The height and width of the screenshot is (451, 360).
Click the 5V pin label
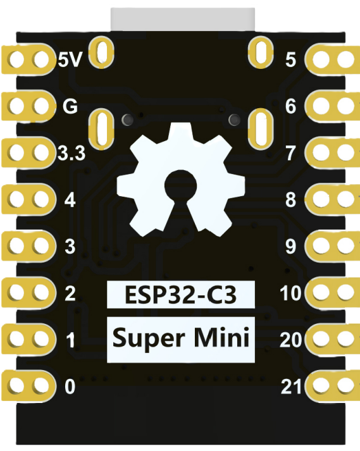70,60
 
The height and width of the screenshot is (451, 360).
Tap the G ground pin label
70,106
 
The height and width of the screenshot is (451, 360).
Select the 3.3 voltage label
71,154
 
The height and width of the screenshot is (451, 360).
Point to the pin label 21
291,386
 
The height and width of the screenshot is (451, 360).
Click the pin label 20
291,340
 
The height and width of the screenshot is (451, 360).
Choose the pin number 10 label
291,293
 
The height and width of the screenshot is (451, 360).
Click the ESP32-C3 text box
181,293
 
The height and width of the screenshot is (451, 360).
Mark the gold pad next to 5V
28,60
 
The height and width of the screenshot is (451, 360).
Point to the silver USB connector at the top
183,18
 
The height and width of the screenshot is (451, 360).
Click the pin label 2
70,293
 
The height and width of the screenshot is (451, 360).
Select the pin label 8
291,201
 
